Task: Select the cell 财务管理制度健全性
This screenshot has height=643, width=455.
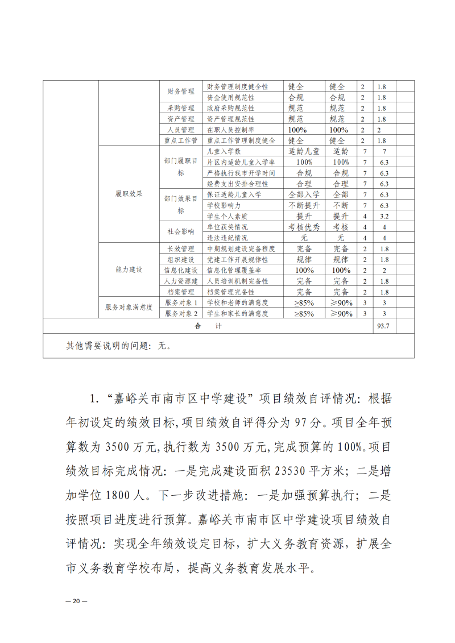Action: pos(237,87)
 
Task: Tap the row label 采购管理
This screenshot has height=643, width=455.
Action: pos(180,108)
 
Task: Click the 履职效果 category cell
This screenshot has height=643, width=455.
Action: pos(129,194)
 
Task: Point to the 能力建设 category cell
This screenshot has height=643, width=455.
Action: pos(129,269)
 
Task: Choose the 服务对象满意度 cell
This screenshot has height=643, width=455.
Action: pos(129,308)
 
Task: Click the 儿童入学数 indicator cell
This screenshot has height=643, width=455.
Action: pos(225,152)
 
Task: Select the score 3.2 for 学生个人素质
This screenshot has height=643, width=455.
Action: pos(383,217)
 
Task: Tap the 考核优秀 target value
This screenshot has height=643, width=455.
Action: pos(304,227)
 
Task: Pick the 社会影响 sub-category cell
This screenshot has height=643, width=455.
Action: pos(180,232)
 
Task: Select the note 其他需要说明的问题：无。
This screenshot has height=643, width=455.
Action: pos(118,345)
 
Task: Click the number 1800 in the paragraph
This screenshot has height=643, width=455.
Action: pos(121,496)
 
